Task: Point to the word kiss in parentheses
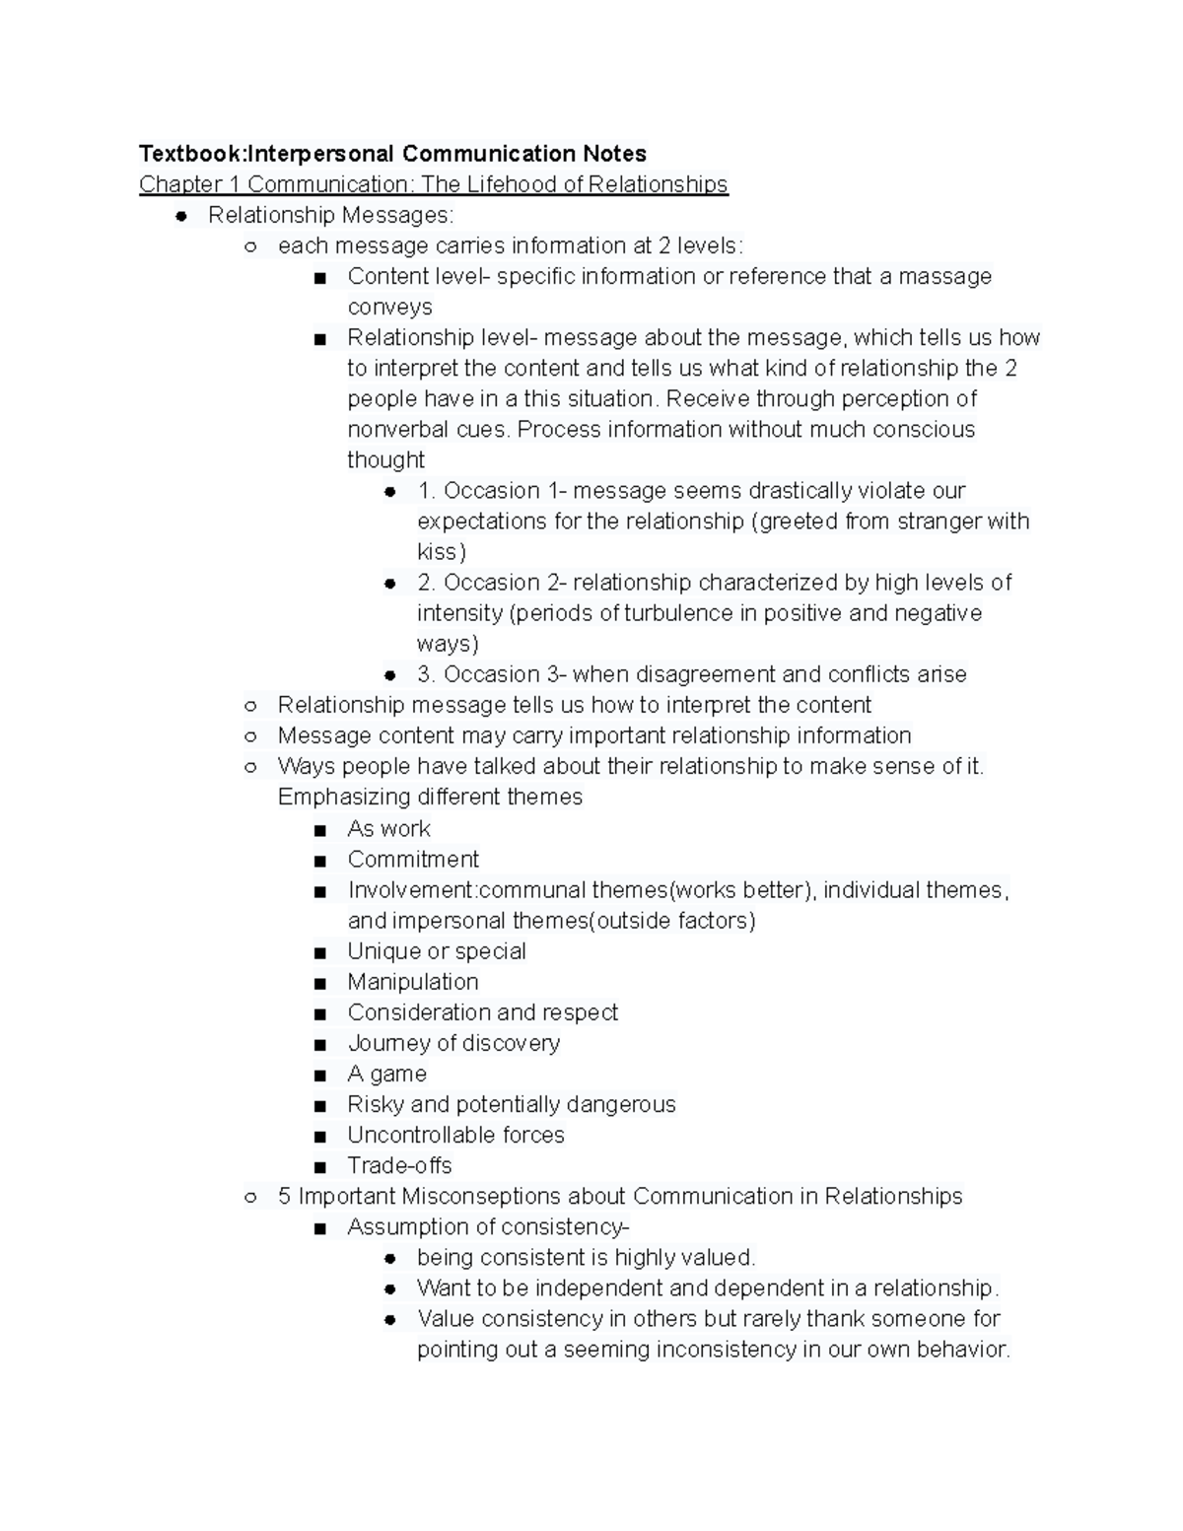(x=438, y=552)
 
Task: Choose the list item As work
(x=388, y=829)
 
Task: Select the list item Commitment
(x=413, y=860)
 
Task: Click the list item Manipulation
(x=413, y=982)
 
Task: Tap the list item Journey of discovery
(x=453, y=1043)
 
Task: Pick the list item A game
(x=386, y=1074)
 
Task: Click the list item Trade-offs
(x=399, y=1165)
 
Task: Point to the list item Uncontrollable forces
(x=455, y=1135)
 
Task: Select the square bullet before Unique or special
(x=319, y=952)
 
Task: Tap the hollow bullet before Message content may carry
(x=250, y=736)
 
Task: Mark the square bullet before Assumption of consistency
(x=319, y=1228)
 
